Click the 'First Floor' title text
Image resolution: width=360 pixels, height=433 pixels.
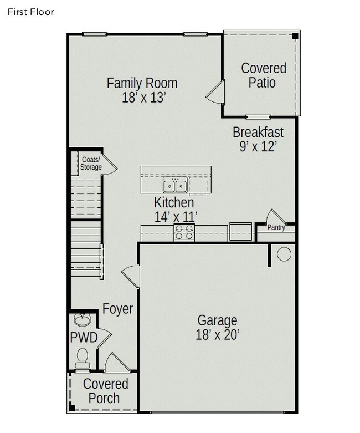[x=30, y=12]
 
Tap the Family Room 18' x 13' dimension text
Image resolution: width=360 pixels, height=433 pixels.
[x=144, y=98]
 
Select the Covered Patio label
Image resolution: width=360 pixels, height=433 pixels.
[x=263, y=75]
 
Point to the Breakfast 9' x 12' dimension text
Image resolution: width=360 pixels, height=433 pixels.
[x=258, y=146]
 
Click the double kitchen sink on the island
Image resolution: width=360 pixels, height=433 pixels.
[x=175, y=185]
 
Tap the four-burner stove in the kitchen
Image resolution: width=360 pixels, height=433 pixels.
[x=184, y=232]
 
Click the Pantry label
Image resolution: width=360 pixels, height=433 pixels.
[x=276, y=227]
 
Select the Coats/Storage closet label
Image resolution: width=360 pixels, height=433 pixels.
[x=91, y=163]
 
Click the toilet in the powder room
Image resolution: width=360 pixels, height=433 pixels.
[x=82, y=358]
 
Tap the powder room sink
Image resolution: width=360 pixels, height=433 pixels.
[x=81, y=320]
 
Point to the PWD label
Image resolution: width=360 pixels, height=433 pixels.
[x=84, y=338]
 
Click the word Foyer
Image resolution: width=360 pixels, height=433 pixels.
[x=117, y=309]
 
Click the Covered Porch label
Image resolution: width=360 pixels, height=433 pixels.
[x=105, y=391]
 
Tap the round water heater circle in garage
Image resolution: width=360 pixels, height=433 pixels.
[x=284, y=254]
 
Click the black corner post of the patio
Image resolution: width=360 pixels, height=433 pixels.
[x=295, y=36]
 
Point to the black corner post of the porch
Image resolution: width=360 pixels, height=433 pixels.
[x=72, y=407]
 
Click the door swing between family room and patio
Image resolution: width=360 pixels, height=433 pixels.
[x=215, y=92]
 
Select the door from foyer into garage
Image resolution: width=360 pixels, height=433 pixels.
[x=131, y=277]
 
